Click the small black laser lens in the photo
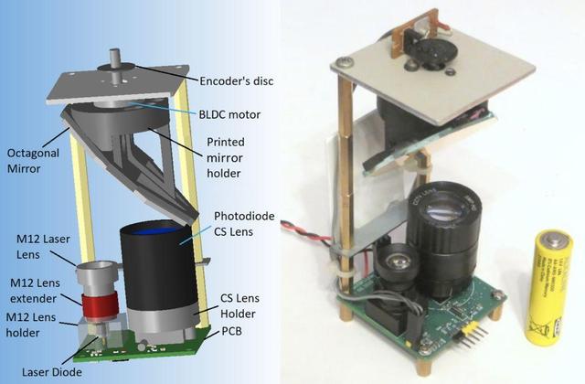396,265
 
